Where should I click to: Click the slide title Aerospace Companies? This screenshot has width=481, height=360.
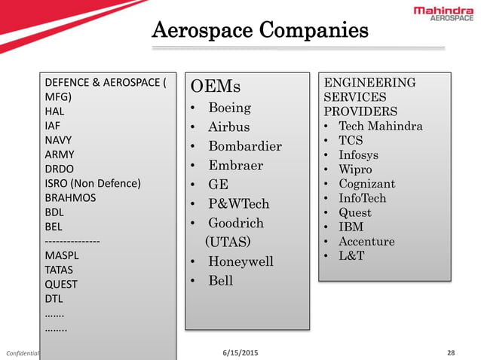[x=260, y=31]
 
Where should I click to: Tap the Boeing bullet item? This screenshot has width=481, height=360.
[x=230, y=107]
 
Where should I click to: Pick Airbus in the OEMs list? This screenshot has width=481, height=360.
[x=228, y=127]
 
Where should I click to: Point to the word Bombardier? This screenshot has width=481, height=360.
[x=245, y=145]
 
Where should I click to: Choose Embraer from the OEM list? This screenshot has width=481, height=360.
[x=235, y=165]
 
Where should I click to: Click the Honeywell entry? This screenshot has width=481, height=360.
[x=240, y=261]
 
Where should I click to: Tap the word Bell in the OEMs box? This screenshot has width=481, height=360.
[x=221, y=281]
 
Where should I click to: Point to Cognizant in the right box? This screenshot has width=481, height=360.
[x=366, y=184]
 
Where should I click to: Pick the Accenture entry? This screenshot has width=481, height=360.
[x=366, y=242]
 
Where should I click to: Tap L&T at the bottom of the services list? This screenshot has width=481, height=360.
[x=351, y=256]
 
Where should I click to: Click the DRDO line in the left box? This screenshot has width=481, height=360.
[x=60, y=169]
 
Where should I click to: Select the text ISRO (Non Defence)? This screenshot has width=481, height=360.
[x=93, y=183]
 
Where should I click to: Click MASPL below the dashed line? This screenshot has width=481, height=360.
[x=60, y=255]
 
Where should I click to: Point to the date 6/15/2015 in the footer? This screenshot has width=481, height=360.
[x=239, y=352]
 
